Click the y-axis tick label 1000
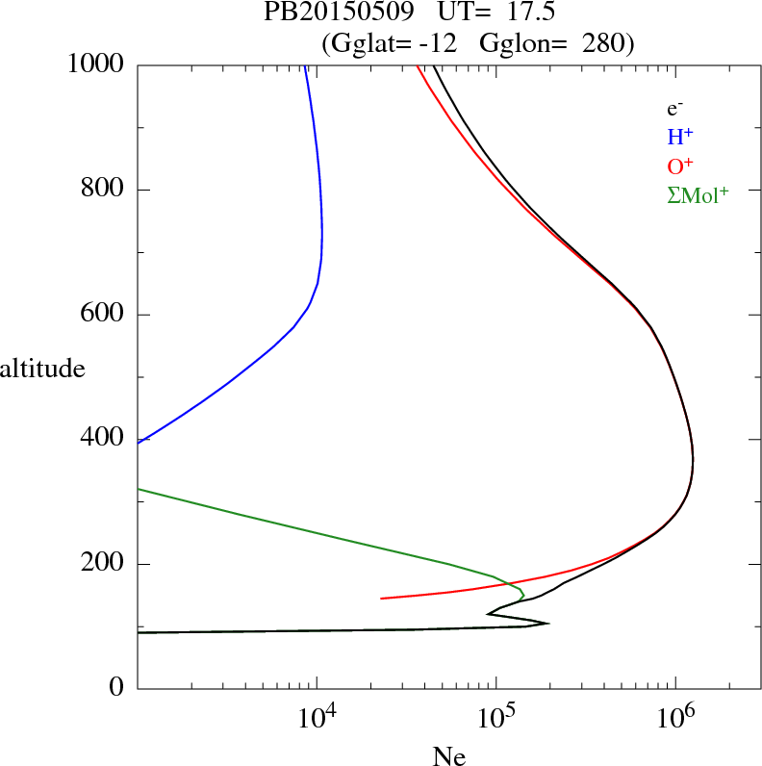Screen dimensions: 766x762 [96, 64]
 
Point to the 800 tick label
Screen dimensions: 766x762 [104, 190]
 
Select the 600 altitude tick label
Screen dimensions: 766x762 [104, 315]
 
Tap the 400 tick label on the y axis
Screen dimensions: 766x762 [104, 439]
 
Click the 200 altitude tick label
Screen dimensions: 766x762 [104, 564]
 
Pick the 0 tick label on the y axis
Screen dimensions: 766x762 [118, 688]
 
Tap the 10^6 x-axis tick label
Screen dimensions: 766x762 [675, 718]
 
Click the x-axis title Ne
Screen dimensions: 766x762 [449, 756]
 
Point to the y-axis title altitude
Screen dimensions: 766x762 [42, 368]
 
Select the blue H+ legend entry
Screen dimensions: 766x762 [680, 138]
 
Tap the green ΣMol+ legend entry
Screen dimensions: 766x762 [698, 194]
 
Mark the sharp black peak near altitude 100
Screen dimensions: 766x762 [547, 624]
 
